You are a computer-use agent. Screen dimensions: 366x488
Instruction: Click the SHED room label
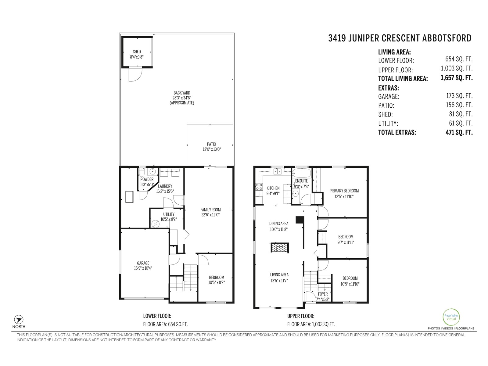tap(137, 52)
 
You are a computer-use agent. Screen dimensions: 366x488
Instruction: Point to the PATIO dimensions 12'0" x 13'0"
tap(211, 149)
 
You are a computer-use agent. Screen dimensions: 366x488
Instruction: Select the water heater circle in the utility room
tap(156, 224)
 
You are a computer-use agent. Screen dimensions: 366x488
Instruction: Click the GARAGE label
tap(143, 263)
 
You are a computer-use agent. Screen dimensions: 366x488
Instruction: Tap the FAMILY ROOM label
tap(210, 210)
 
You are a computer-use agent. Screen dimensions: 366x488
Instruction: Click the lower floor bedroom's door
tap(203, 260)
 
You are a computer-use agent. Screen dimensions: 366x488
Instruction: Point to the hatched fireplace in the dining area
tap(279, 247)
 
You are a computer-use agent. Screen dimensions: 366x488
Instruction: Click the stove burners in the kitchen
tap(259, 186)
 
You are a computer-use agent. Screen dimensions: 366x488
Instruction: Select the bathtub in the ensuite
tap(301, 174)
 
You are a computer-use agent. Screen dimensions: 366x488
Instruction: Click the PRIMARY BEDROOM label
tap(344, 191)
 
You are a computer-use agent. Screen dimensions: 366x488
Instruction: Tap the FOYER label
tap(323, 294)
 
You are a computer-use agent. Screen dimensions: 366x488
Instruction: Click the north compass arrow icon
tap(19, 319)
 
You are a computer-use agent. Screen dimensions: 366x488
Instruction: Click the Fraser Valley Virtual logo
tap(451, 317)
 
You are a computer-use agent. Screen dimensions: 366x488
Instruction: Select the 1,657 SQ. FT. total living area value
tap(456, 78)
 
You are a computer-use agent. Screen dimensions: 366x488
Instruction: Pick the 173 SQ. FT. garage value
tap(459, 96)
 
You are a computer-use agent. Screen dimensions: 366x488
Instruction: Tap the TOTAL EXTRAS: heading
tap(397, 133)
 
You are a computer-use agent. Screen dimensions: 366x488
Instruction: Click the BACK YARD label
tap(182, 93)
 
